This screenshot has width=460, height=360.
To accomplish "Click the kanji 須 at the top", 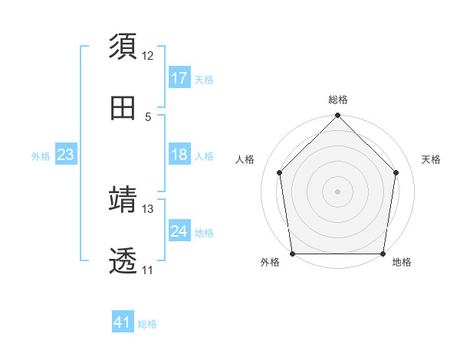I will (123, 47).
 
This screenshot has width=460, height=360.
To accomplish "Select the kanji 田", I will (123, 108).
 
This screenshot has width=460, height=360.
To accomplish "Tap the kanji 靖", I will (123, 201).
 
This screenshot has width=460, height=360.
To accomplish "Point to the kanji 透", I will (123, 261).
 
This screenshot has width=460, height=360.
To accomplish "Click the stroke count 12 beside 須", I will (148, 56).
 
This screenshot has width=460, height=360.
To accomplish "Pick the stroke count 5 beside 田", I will (148, 116).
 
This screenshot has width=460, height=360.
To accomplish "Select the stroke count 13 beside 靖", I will (148, 209).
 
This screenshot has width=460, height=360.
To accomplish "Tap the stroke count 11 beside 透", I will (148, 270).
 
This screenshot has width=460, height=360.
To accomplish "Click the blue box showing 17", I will (179, 78).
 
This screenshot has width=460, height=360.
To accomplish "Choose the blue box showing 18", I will (179, 155).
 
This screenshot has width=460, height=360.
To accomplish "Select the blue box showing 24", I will (179, 231).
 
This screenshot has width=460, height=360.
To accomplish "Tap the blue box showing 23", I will (66, 155).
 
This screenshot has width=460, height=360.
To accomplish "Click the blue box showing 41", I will (123, 322).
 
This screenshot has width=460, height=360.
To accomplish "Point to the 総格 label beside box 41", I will (147, 324).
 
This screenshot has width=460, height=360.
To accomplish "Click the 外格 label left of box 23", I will (41, 156).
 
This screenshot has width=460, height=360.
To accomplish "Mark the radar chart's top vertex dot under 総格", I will (337, 116).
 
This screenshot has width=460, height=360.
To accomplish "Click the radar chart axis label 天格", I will (431, 159).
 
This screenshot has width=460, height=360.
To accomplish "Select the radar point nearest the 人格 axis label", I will (280, 172).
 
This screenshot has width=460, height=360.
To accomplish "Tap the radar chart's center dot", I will (337, 191).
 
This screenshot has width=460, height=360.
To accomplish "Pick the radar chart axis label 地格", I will (402, 263).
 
